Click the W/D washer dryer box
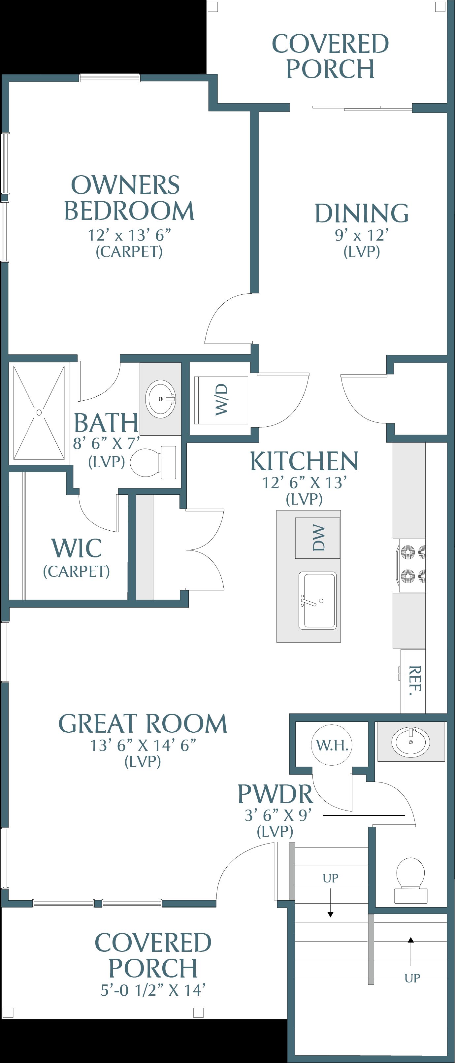point(221,400)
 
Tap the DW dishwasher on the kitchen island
point(318,538)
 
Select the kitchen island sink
point(317,600)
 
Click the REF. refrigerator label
point(415,681)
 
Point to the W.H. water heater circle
point(332,745)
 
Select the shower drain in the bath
point(39,412)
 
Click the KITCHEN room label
point(305,461)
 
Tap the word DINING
point(362,213)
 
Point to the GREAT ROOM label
point(143,723)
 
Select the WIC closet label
point(77,548)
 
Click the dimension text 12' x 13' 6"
point(129,235)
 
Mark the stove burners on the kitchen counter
point(410,565)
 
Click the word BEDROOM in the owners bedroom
point(129,211)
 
